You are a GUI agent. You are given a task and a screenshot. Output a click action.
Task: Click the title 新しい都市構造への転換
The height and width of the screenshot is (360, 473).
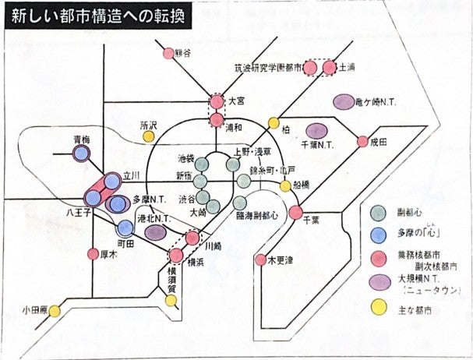tap(97, 17)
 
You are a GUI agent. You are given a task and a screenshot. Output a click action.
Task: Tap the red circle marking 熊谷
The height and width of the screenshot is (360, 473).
tap(168, 54)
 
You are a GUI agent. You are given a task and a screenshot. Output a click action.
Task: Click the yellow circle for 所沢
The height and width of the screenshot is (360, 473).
tap(148, 136)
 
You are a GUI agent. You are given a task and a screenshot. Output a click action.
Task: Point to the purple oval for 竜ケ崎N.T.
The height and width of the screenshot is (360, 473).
tap(344, 102)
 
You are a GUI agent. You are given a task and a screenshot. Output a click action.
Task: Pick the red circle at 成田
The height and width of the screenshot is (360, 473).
tap(362, 142)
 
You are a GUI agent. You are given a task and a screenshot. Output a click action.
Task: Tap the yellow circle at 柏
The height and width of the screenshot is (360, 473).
tap(274, 123)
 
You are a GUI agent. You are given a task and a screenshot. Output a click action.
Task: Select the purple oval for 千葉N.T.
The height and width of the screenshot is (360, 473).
tap(316, 131)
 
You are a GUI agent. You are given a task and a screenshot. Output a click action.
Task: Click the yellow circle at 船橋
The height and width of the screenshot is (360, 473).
tap(286, 185)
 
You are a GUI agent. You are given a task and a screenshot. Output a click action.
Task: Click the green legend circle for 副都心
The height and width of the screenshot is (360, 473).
tap(379, 210)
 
